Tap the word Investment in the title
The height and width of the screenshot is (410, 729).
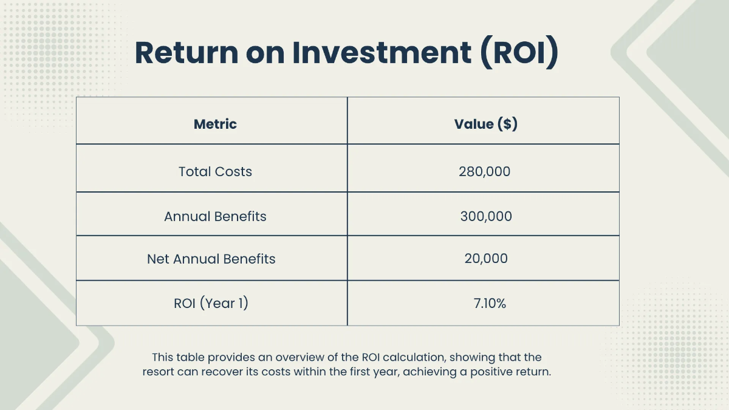(x=381, y=52)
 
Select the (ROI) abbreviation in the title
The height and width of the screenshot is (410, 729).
(x=519, y=52)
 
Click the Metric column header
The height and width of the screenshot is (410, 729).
(x=215, y=125)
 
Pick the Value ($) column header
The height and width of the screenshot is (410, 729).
(x=485, y=125)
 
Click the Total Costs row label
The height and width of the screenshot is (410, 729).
(x=215, y=171)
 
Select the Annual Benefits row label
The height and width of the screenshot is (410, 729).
(x=215, y=216)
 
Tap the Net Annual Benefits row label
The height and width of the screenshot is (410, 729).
(x=211, y=259)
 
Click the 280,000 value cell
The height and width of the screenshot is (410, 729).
(x=484, y=171)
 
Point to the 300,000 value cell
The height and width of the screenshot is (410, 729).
(x=485, y=216)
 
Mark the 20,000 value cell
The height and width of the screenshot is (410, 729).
(x=485, y=259)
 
